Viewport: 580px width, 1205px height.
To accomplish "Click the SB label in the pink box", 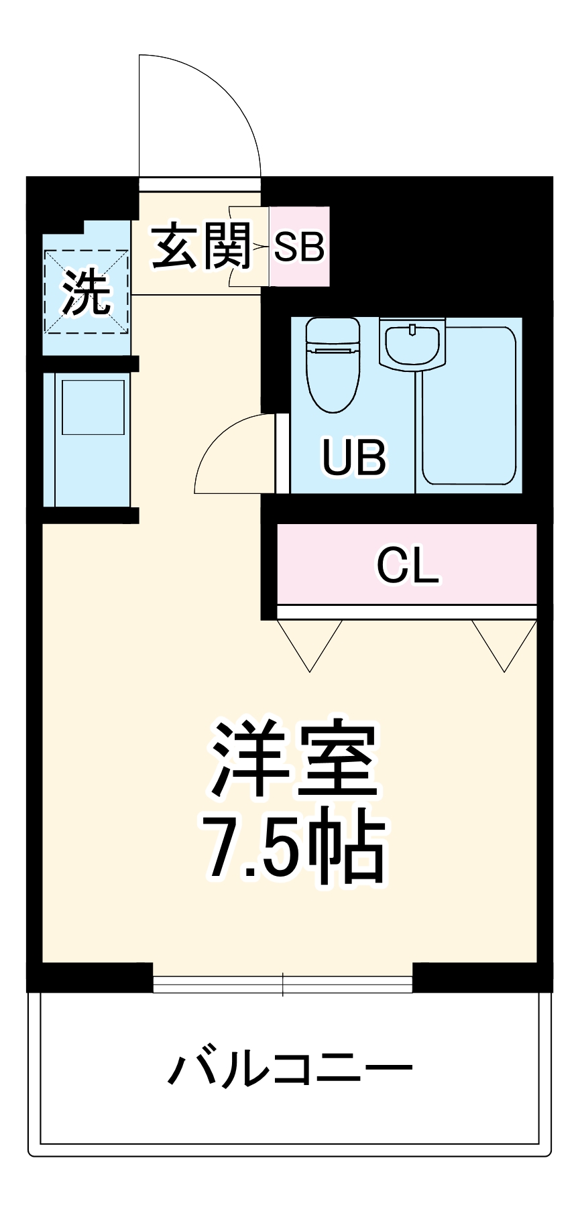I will click(299, 247).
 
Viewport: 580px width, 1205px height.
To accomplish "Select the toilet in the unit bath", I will click(333, 366).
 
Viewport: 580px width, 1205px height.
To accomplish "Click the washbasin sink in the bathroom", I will click(412, 343).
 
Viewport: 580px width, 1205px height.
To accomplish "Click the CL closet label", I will click(407, 566).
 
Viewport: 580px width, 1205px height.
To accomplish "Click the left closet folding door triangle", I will click(310, 643).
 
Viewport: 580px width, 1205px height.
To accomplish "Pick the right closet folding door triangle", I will click(504, 643).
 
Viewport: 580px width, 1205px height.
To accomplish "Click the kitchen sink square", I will click(93, 407).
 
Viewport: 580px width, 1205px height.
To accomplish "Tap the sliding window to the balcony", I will click(282, 983).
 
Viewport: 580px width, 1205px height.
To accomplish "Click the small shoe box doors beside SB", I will click(248, 247).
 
